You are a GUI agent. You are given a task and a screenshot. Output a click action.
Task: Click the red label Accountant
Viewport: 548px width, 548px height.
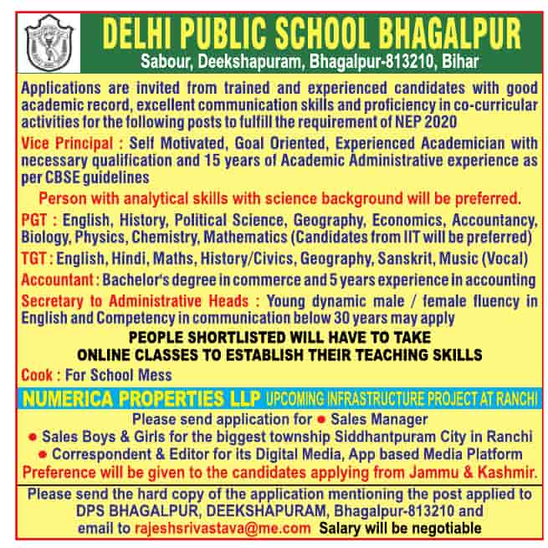click(x=57, y=279)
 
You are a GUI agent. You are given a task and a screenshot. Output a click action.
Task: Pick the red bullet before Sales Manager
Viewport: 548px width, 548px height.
click(x=320, y=418)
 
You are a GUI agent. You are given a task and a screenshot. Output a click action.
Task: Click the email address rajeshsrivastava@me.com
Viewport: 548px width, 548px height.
click(x=222, y=528)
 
